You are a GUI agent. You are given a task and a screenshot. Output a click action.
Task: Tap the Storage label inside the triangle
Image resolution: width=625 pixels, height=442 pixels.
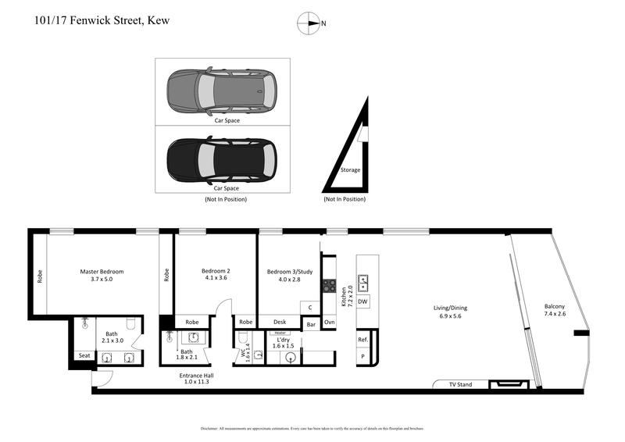pos(350,169)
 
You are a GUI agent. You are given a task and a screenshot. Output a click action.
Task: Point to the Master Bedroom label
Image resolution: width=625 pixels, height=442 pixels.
pos(102,272)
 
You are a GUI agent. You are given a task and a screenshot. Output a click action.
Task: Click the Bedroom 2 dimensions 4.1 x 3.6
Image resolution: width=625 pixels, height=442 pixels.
pos(215,279)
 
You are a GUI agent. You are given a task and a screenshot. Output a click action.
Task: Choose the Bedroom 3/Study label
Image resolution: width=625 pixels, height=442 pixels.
pos(289,272)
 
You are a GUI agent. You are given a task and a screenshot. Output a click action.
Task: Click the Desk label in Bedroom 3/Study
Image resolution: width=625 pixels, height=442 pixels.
pos(280,322)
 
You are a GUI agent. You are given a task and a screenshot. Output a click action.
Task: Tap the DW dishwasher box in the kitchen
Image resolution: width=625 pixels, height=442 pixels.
pos(363,301)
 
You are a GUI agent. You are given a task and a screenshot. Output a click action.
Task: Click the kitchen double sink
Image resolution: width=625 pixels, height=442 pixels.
pos(363,282)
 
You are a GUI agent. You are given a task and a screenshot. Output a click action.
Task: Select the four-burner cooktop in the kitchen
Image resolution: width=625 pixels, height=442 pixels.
pos(330,287)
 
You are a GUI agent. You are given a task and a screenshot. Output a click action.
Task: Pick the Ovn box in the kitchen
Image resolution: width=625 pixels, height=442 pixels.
pos(330,322)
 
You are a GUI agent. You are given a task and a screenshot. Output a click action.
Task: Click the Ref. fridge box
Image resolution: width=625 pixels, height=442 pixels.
pos(362,340)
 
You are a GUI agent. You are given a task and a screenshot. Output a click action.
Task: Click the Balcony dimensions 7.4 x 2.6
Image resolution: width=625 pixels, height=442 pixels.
pos(555,314)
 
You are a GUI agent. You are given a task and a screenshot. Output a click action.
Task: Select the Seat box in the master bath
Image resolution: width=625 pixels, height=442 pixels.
pos(84,356)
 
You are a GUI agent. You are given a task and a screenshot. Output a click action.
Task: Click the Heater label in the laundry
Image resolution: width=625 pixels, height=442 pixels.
pos(280,333)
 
